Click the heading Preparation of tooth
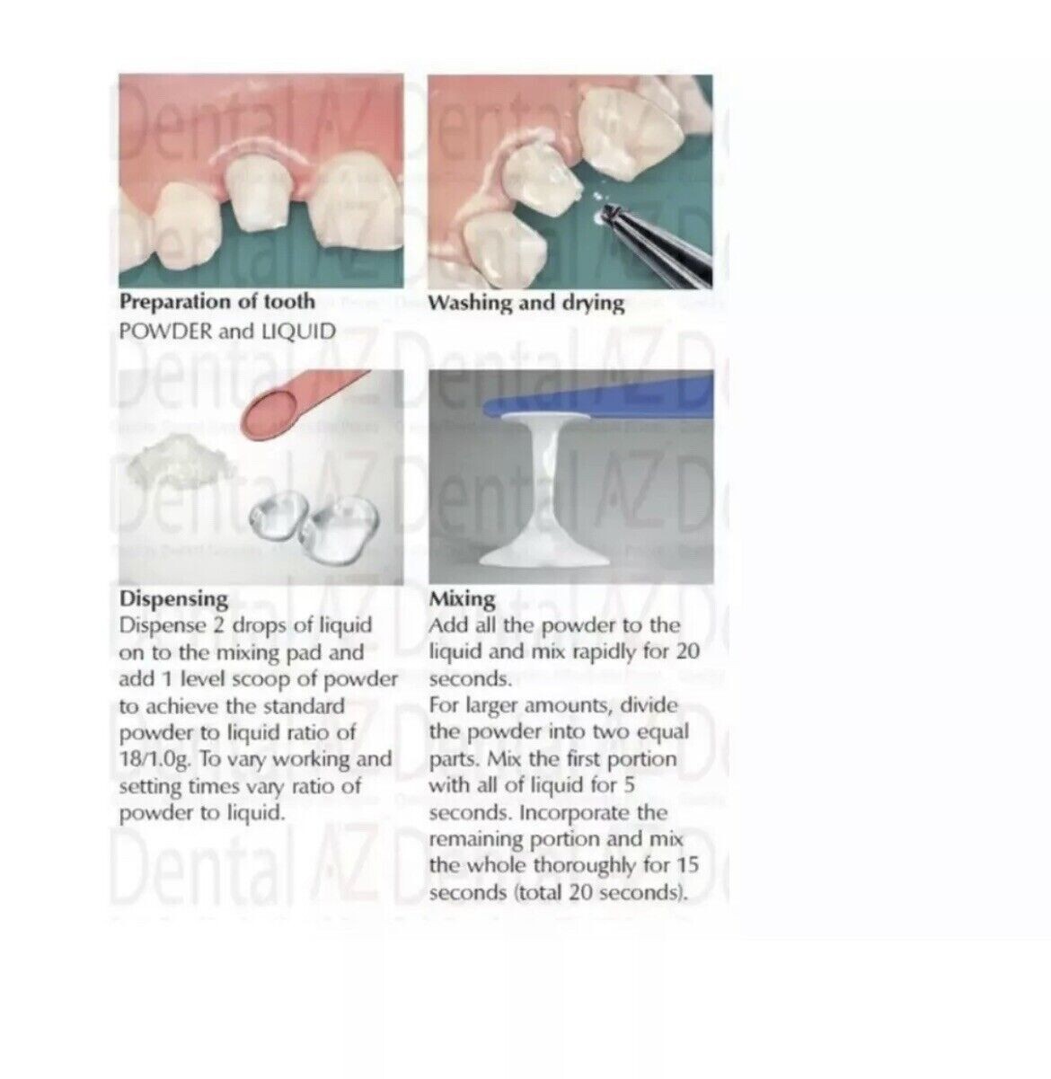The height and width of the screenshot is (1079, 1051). (x=216, y=302)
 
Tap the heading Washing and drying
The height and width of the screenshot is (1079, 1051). (x=525, y=303)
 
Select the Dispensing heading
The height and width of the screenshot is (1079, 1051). (x=173, y=598)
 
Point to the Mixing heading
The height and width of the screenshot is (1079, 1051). (x=462, y=598)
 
